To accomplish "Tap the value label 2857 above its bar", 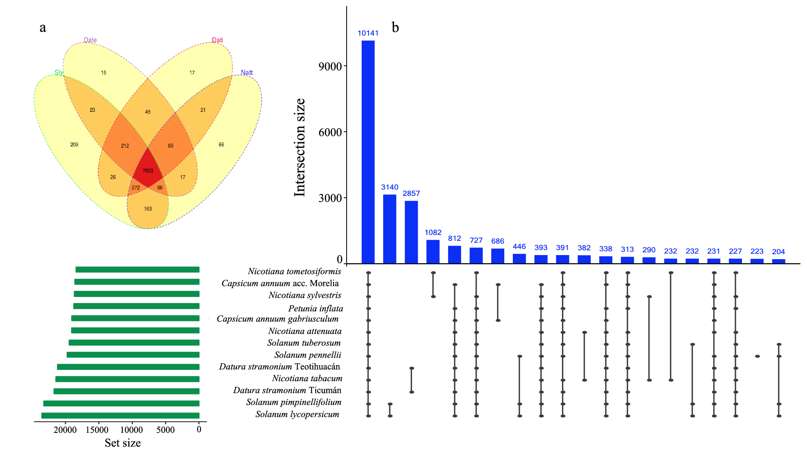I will click(x=411, y=193).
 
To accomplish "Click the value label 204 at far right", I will click(x=778, y=251).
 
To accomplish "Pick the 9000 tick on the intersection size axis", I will click(x=330, y=66).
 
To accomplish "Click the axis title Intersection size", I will click(x=299, y=147).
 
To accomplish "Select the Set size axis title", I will click(x=123, y=443).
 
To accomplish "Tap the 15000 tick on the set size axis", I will click(x=97, y=430).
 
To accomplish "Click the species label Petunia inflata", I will click(x=316, y=308).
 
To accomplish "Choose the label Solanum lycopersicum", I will click(x=297, y=414).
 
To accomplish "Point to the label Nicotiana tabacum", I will click(x=307, y=378).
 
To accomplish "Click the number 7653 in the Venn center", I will click(x=148, y=170).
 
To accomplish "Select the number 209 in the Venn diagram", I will click(x=74, y=144).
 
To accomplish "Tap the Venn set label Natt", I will click(x=246, y=72).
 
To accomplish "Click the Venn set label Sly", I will click(x=59, y=72).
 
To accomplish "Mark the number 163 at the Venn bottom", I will click(x=148, y=209).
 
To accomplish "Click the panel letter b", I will click(x=395, y=27).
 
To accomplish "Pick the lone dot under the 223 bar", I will click(x=757, y=356).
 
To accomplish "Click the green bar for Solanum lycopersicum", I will click(x=120, y=415).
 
